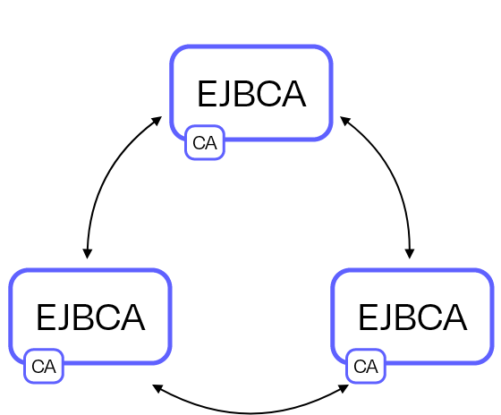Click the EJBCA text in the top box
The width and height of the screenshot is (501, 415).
pos(252,94)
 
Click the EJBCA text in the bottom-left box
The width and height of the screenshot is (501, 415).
pos(91,318)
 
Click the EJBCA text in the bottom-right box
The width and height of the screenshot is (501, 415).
pos(413,318)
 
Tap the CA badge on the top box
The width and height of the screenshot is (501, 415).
pos(205,142)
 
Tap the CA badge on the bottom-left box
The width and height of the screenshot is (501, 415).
pos(44,366)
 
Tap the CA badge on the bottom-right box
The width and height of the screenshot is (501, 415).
pos(366,366)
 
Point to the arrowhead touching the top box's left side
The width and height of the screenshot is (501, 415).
pos(157,121)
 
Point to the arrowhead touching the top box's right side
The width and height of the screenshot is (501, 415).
pos(345,121)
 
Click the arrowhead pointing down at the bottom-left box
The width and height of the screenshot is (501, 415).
pos(88,254)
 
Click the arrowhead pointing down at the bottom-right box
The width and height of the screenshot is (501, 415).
pos(410,254)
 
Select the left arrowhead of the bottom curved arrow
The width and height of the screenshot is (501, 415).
pos(157,388)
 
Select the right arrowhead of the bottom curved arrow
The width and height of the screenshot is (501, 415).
pos(344,388)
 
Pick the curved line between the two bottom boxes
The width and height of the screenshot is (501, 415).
pos(250,413)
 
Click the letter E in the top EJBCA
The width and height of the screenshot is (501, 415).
pos(207,94)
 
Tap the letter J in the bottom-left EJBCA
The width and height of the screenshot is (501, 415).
pos(64,318)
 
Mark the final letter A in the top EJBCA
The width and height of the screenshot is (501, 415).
pos(293,94)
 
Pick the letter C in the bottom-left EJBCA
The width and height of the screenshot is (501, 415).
pos(108,318)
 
